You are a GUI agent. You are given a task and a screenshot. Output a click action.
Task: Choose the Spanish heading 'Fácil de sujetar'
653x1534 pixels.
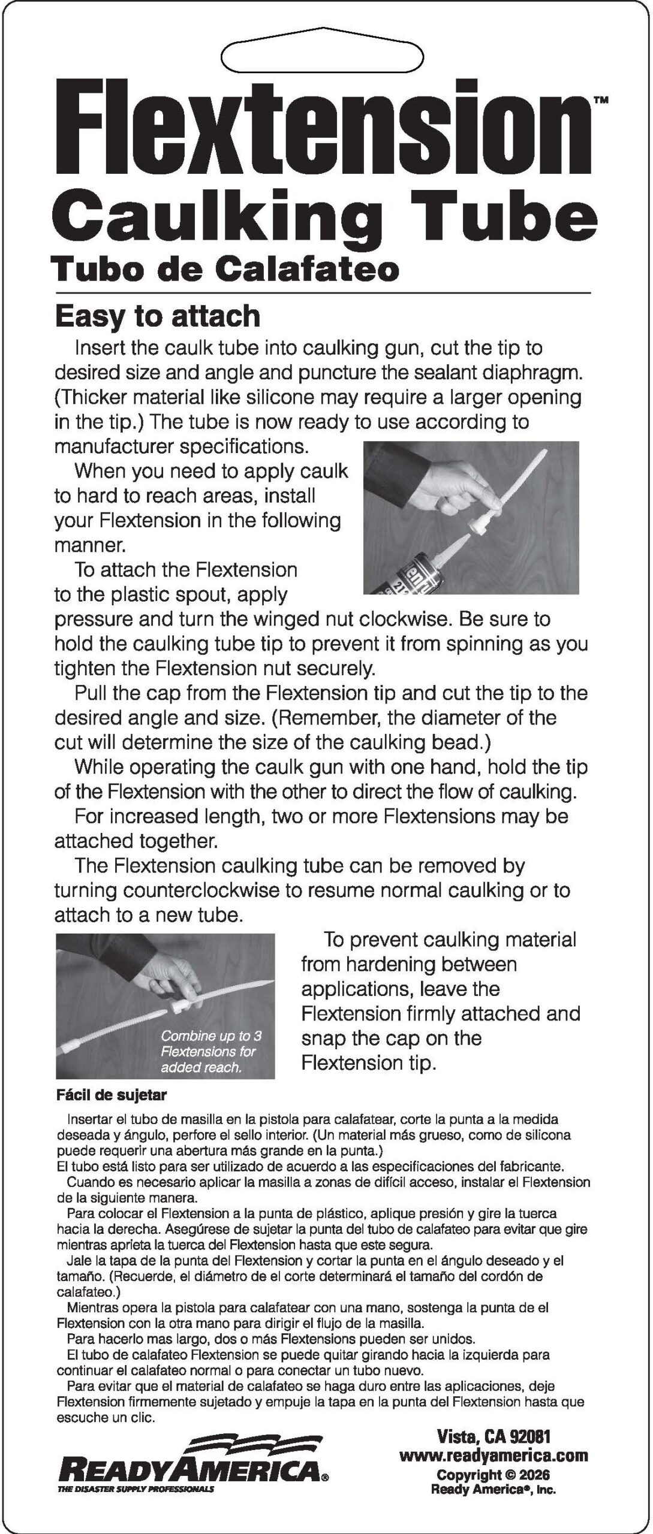coord(112,1095)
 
